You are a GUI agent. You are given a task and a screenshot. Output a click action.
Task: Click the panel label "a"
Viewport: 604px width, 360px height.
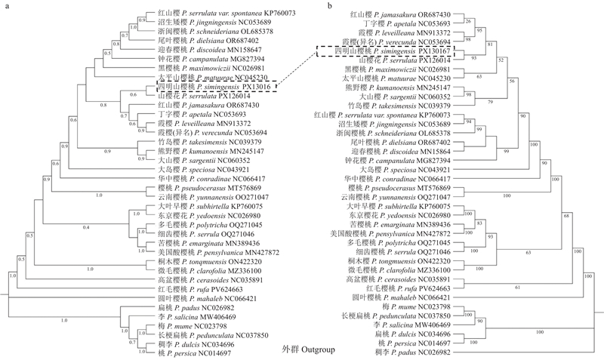[7, 6]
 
